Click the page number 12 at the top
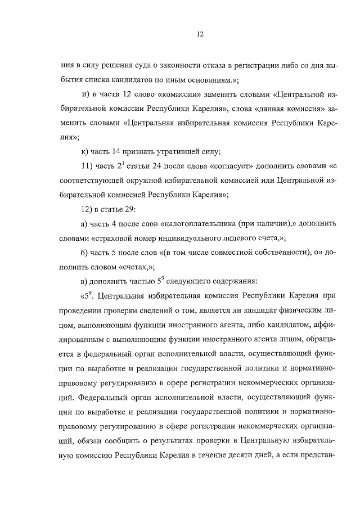click(x=200, y=34)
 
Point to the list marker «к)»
click(x=85, y=151)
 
